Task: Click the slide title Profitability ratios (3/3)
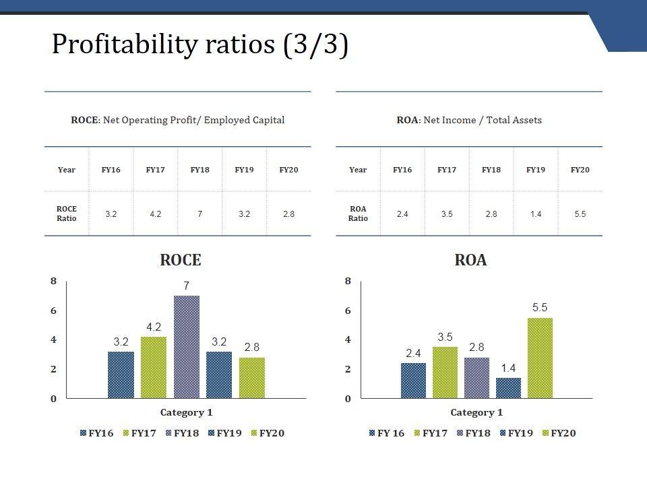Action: click(200, 45)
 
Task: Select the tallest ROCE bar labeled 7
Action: click(187, 347)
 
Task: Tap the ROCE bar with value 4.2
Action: click(154, 367)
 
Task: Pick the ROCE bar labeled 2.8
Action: click(252, 378)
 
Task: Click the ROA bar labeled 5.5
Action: click(540, 358)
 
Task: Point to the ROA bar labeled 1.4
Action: click(508, 388)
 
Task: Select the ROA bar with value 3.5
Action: click(445, 373)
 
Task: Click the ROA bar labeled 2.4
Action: click(413, 381)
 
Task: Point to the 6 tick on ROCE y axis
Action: click(53, 311)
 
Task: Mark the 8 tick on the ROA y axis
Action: click(348, 281)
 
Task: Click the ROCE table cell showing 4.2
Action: click(155, 214)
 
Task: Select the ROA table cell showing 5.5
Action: click(580, 214)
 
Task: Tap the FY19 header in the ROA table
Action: click(535, 170)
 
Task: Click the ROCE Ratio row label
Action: click(66, 214)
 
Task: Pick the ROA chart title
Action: click(470, 260)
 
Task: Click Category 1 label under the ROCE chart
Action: click(186, 412)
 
